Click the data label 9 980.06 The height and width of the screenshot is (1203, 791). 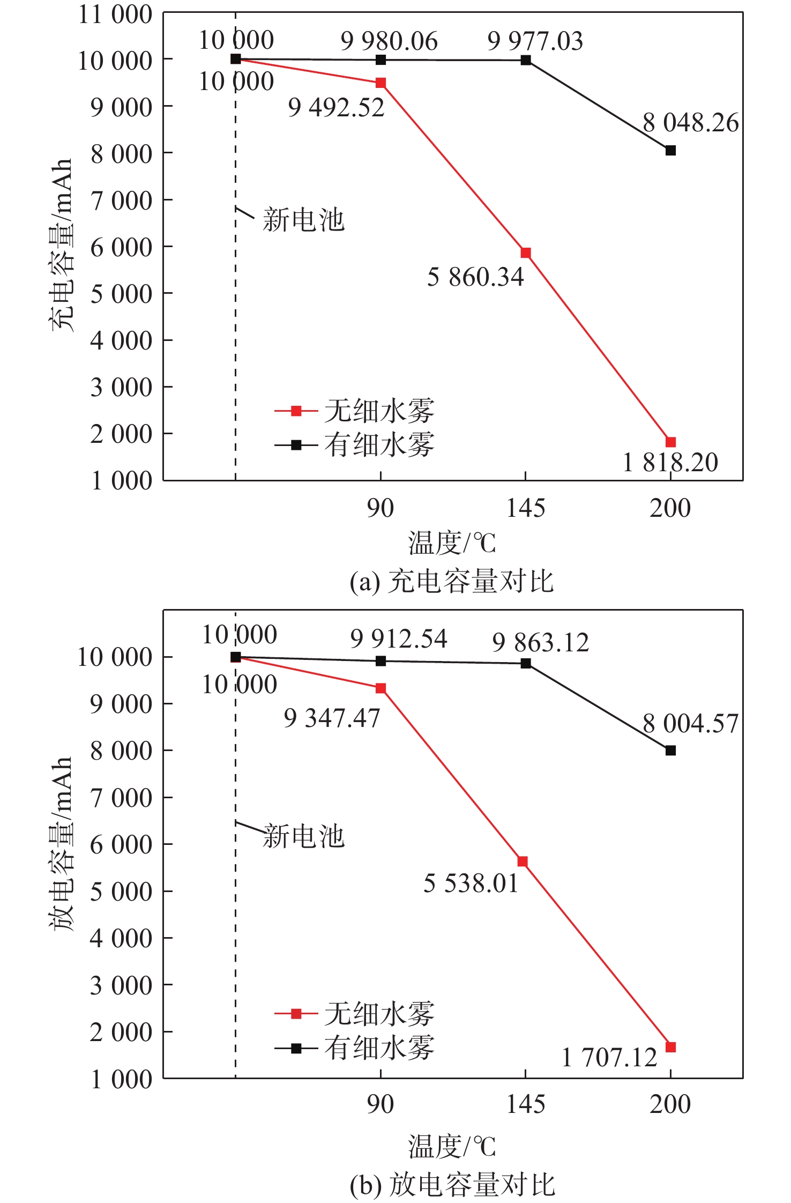click(x=389, y=41)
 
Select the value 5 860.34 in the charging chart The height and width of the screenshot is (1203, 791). click(x=475, y=277)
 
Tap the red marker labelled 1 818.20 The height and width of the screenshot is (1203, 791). click(x=670, y=442)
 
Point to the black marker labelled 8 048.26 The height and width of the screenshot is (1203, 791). click(x=670, y=151)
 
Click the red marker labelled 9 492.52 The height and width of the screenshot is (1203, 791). click(x=380, y=83)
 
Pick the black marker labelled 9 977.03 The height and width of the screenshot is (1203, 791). click(x=526, y=60)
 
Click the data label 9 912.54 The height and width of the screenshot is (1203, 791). click(x=399, y=639)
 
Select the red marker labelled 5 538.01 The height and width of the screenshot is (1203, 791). click(x=523, y=862)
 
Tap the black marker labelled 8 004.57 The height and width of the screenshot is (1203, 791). click(x=670, y=751)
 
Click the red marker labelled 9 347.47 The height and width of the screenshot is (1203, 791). click(x=380, y=688)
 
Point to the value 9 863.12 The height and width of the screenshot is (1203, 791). click(x=540, y=642)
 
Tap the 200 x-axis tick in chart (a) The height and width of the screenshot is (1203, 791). click(x=670, y=508)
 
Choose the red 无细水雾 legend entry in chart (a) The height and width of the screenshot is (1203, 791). click(x=354, y=411)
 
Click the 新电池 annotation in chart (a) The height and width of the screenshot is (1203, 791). click(x=303, y=220)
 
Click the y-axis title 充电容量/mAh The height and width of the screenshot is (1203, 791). click(x=61, y=245)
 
